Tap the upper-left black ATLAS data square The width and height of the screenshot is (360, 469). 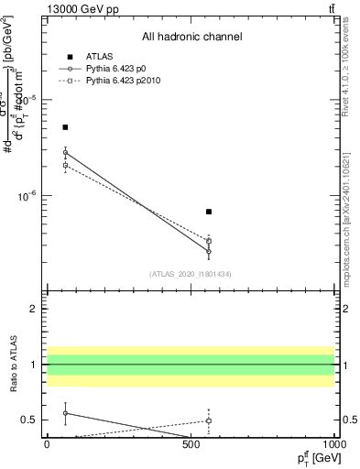[x=65, y=127]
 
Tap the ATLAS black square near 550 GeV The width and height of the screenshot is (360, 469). [x=209, y=212]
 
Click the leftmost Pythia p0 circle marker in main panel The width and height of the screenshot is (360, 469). [x=65, y=153]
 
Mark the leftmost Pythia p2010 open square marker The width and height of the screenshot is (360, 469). [x=65, y=166]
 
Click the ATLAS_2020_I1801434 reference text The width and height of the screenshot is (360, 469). [x=191, y=275]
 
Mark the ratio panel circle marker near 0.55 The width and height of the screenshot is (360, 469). [x=65, y=413]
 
